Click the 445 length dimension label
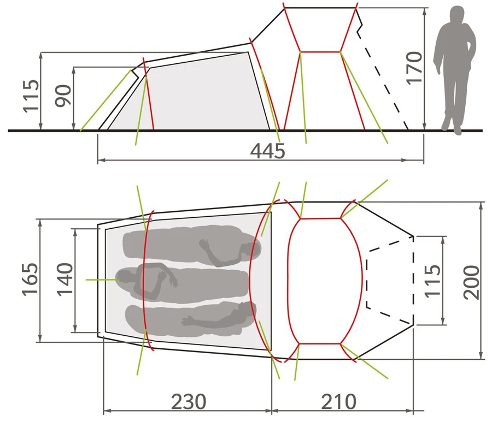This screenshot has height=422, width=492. (x=268, y=151)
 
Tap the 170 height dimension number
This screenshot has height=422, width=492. (x=414, y=68)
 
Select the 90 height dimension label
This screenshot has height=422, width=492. (x=64, y=96)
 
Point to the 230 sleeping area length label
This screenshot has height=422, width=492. (x=189, y=401)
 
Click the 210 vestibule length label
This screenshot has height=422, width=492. (x=338, y=401)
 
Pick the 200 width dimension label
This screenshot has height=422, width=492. (x=472, y=282)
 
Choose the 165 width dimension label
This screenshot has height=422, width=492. (x=31, y=279)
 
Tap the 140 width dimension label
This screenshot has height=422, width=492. (x=65, y=279)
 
